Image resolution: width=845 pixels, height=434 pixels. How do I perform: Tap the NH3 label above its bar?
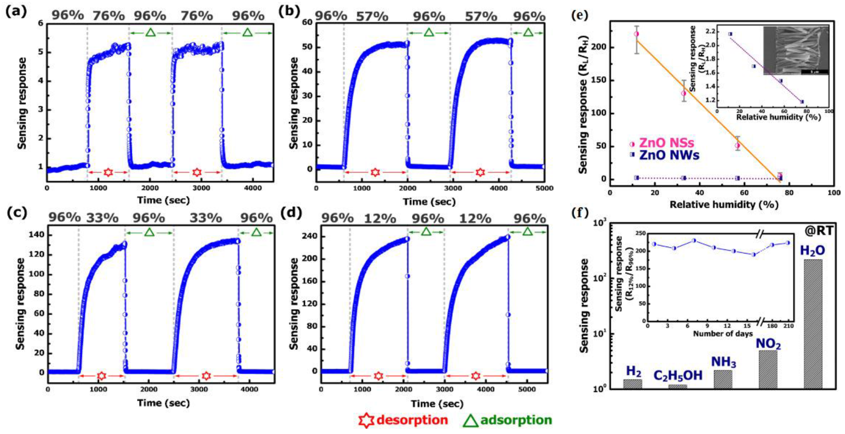[x=723, y=362]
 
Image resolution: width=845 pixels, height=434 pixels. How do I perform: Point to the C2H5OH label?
[x=678, y=375]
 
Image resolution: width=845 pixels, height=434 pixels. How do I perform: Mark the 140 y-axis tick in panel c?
[x=37, y=235]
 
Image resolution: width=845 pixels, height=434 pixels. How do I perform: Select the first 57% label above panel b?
[x=372, y=16]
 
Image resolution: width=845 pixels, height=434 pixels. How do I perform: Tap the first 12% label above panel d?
[x=380, y=218]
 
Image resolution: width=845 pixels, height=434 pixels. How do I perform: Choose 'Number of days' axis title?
[x=723, y=334]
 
